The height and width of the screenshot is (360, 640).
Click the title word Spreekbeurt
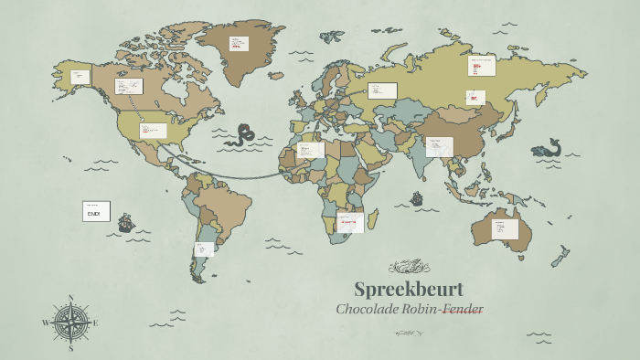(409, 289)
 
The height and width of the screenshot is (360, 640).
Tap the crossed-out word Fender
(464, 309)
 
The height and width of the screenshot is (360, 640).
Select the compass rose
(70, 323)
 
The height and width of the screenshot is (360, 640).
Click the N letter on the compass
(71, 297)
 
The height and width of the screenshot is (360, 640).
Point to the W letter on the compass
(45, 323)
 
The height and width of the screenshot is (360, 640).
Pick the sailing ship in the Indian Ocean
(417, 197)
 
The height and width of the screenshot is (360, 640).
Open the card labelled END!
(96, 211)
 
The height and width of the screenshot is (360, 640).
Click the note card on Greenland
(240, 43)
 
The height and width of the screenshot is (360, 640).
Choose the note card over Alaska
(80, 77)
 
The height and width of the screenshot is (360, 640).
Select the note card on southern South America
(204, 249)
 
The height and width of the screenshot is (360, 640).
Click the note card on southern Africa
(350, 222)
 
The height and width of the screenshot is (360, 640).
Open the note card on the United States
(153, 131)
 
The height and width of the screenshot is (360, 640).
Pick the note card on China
(439, 146)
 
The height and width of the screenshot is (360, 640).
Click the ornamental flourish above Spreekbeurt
(409, 267)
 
